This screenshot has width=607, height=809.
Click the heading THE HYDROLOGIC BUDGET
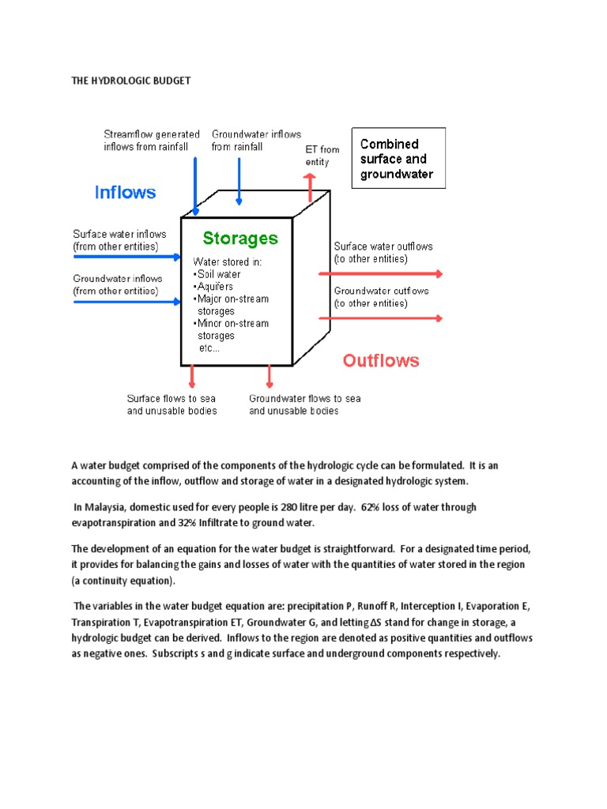pos(131,81)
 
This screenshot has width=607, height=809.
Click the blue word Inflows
pos(125,192)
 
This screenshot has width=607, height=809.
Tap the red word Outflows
pos(380,361)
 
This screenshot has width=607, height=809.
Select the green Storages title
pos(240,238)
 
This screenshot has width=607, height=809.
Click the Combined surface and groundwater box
pos(398,159)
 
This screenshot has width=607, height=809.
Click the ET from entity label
pos(322,156)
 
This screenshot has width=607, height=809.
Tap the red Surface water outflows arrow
pos(379,274)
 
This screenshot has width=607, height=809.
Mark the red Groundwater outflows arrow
pos(379,318)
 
